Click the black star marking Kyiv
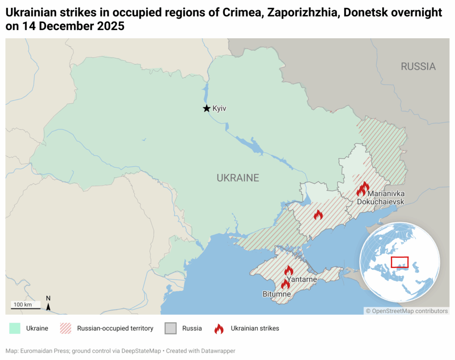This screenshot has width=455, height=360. click(x=206, y=108)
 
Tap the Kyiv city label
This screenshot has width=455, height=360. click(x=220, y=108)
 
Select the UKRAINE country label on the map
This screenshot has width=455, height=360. click(x=238, y=178)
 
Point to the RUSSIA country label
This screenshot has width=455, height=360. click(x=418, y=67)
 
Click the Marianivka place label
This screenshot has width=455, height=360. click(x=386, y=194)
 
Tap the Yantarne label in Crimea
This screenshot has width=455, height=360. click(x=302, y=279)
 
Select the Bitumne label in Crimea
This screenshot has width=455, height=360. click(x=276, y=294)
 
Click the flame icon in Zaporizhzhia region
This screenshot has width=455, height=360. click(x=318, y=215)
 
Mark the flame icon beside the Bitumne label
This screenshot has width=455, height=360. click(x=285, y=284)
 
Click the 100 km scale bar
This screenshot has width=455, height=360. click(x=25, y=307)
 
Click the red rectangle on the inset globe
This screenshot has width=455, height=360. click(x=399, y=261)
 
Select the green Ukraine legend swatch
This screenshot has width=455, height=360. click(x=15, y=328)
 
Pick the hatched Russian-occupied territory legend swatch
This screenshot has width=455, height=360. click(x=65, y=328)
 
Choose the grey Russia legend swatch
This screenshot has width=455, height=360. click(x=171, y=328)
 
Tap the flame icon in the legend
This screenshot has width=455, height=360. click(x=219, y=328)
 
